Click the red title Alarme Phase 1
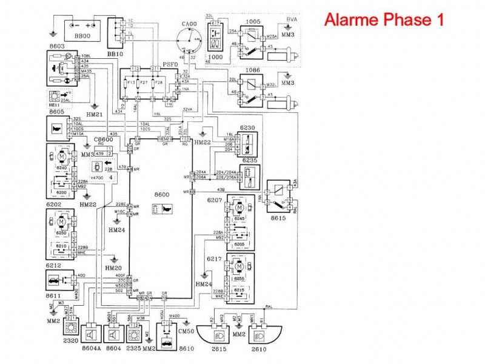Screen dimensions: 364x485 384,19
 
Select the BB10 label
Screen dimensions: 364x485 115,54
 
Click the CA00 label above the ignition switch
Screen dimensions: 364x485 189,24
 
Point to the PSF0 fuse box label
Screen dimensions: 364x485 170,64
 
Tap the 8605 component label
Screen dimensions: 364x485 56,112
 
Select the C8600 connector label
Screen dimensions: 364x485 104,140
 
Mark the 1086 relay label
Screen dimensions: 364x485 254,71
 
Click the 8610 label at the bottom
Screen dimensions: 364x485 169,351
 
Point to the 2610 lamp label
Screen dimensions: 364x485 258,351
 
